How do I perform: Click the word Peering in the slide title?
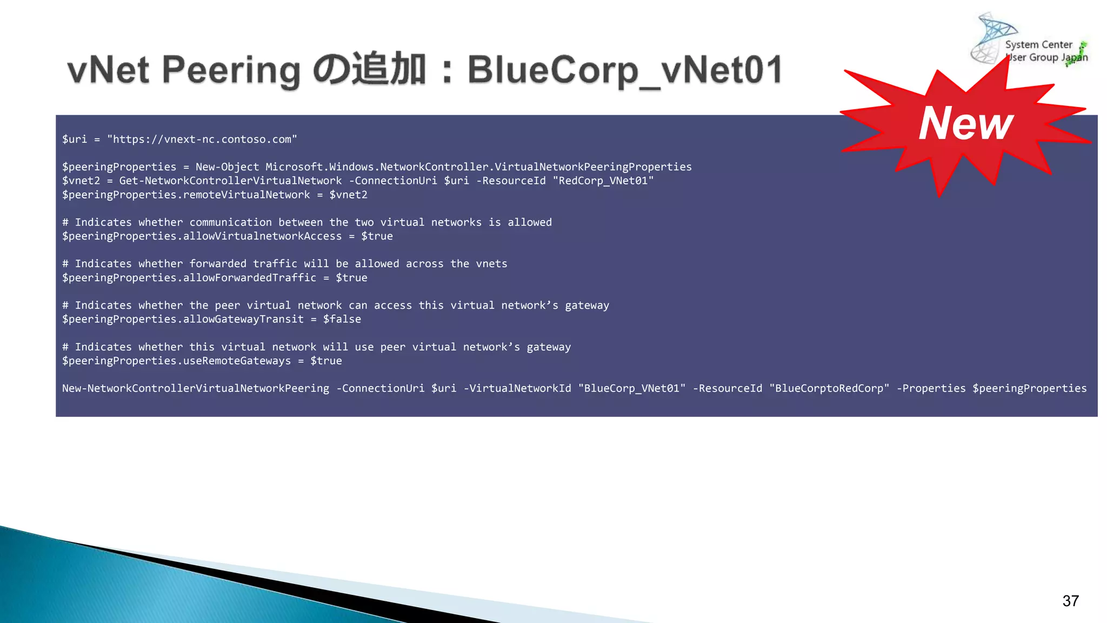pos(231,70)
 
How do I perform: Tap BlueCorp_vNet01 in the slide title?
pos(625,70)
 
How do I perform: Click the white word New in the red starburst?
pos(966,123)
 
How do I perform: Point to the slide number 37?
pos(1070,601)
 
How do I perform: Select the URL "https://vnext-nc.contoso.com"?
pos(202,140)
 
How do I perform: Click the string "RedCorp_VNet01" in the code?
pos(603,181)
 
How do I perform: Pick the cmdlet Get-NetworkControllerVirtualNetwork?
pos(230,181)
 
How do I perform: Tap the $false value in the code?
pos(342,319)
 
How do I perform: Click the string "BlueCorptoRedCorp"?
pos(829,388)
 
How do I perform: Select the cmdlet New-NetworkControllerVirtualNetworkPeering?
pos(195,388)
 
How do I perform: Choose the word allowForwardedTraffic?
pos(250,277)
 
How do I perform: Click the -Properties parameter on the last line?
pos(931,388)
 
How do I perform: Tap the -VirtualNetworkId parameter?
pos(517,388)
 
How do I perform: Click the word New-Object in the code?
pos(227,167)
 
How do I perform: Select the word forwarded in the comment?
pos(218,264)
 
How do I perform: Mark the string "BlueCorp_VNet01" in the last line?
pos(632,388)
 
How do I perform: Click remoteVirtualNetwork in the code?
pos(246,195)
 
